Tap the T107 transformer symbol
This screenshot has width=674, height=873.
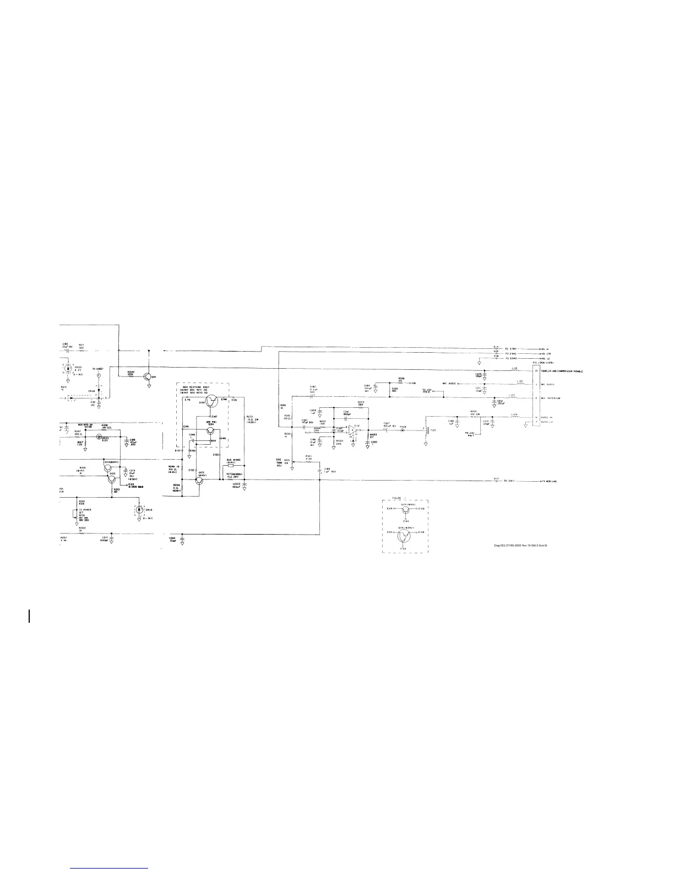(426, 431)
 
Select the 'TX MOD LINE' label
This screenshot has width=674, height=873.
(548, 481)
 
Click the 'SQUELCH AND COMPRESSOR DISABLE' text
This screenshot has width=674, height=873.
(561, 371)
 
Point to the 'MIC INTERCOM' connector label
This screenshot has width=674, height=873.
(550, 397)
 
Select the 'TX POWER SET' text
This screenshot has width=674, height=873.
(85, 511)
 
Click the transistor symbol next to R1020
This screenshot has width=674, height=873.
(148, 376)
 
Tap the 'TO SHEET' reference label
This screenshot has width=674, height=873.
(98, 369)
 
